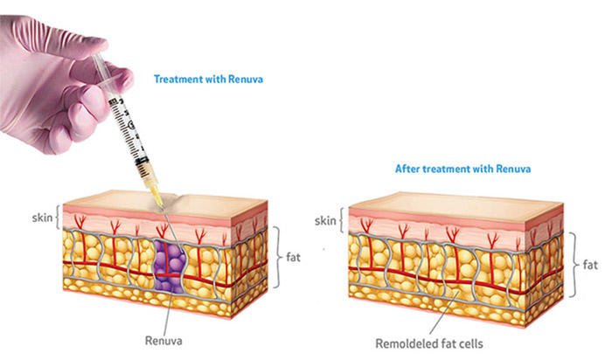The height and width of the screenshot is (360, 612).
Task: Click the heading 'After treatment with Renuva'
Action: [x=453, y=168]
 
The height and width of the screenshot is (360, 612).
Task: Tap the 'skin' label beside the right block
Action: [x=326, y=222]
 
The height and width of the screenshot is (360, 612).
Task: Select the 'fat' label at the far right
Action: [x=591, y=264]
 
